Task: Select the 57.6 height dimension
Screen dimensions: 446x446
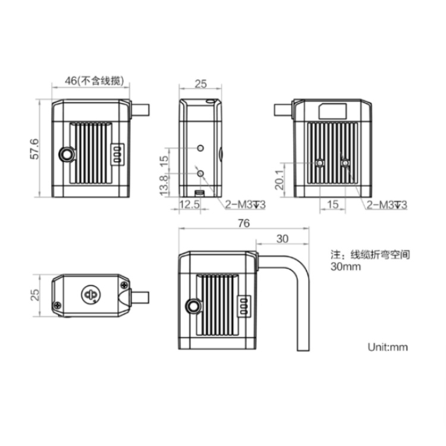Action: (x=35, y=149)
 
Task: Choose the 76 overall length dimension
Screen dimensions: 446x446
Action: (x=243, y=224)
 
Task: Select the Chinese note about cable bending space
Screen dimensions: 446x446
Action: (x=370, y=260)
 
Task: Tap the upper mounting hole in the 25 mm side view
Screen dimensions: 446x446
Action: (x=201, y=147)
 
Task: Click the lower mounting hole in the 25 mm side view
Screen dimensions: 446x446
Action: (x=201, y=173)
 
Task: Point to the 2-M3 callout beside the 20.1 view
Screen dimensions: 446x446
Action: (x=387, y=205)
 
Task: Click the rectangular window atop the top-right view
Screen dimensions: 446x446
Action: (x=333, y=110)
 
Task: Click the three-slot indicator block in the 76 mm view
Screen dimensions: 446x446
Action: (x=243, y=306)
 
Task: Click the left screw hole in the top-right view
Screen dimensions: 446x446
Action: (x=320, y=162)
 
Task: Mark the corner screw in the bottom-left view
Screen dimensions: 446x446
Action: (x=57, y=306)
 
